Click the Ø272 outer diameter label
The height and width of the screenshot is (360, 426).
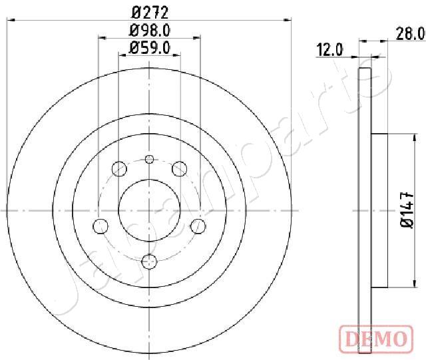(x=150, y=13)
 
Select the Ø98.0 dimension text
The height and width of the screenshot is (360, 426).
(x=150, y=30)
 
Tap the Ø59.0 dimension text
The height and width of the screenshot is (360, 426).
(x=150, y=47)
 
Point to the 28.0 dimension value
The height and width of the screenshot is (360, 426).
(x=411, y=34)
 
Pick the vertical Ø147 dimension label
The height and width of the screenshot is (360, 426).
(x=407, y=210)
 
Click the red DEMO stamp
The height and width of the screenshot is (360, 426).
(x=376, y=338)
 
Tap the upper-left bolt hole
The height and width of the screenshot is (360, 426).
(x=119, y=168)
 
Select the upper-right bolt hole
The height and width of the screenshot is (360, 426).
(x=180, y=168)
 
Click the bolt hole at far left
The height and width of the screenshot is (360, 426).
(x=101, y=226)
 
